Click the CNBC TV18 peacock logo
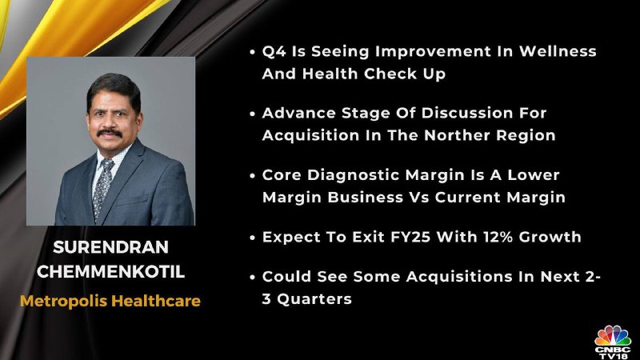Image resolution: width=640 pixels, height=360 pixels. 613,342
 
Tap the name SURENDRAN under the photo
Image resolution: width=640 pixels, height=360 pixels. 110,247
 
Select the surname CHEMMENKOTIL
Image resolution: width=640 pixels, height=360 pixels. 110,272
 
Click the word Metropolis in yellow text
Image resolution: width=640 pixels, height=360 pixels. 63,302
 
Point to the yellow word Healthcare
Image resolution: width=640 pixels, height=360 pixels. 156,301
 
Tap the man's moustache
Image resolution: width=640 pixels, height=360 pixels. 110,133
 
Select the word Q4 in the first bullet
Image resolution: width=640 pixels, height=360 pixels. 274,52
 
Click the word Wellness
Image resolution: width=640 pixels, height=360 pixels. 558,51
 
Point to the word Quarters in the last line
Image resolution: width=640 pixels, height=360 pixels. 314,299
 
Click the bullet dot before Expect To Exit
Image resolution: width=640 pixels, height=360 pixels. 253,238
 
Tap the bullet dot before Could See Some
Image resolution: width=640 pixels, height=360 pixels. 253,277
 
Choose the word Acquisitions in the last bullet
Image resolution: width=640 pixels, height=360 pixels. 459,277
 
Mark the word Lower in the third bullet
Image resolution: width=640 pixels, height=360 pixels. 533,175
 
